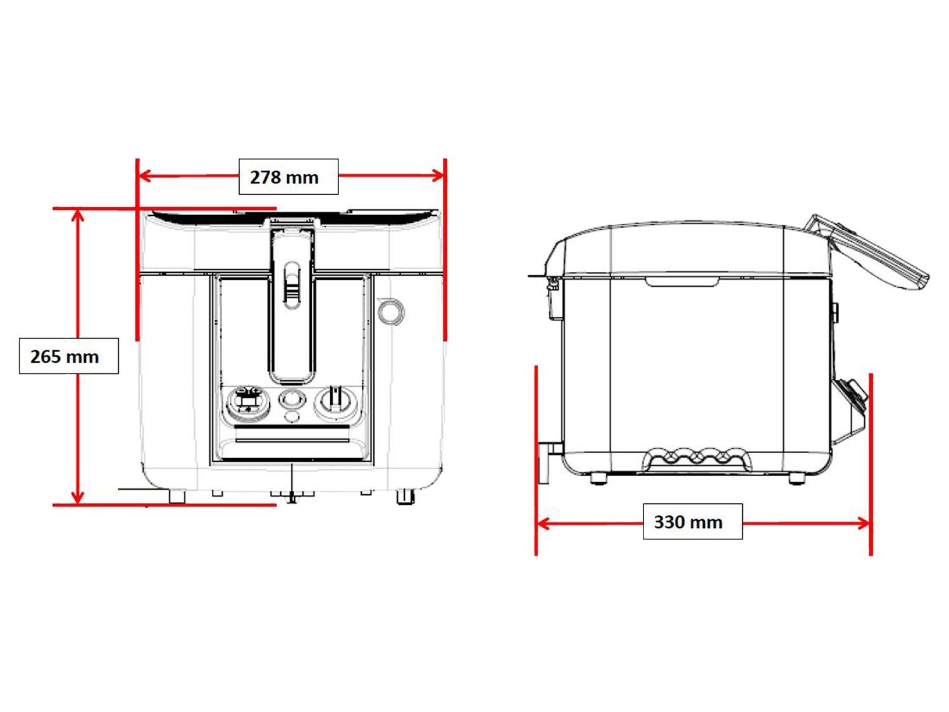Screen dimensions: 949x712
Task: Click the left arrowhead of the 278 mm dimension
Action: click(x=144, y=176)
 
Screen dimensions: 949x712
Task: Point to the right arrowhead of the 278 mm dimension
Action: click(x=438, y=175)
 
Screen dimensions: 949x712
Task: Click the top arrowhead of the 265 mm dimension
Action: click(x=77, y=215)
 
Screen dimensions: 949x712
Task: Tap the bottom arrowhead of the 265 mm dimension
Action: click(x=77, y=497)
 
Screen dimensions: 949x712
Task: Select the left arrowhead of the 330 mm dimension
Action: click(x=543, y=523)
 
